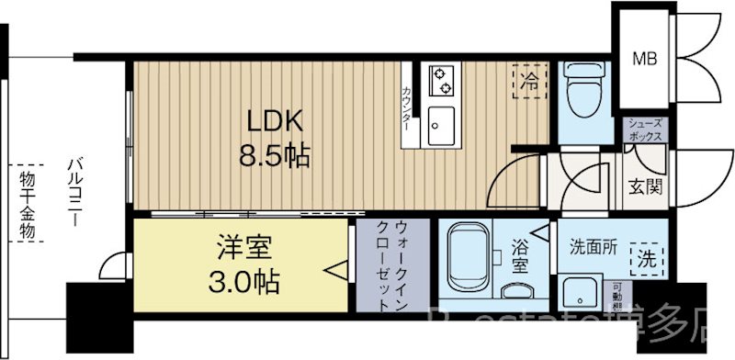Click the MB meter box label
[x=643, y=60]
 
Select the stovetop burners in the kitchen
[x=441, y=80]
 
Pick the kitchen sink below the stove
[x=441, y=125]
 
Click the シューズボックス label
[x=647, y=129]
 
